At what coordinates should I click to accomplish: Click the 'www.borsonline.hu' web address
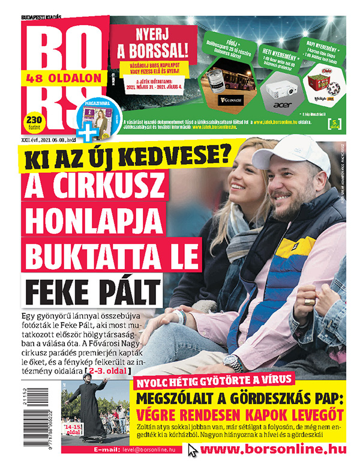[279, 449]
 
